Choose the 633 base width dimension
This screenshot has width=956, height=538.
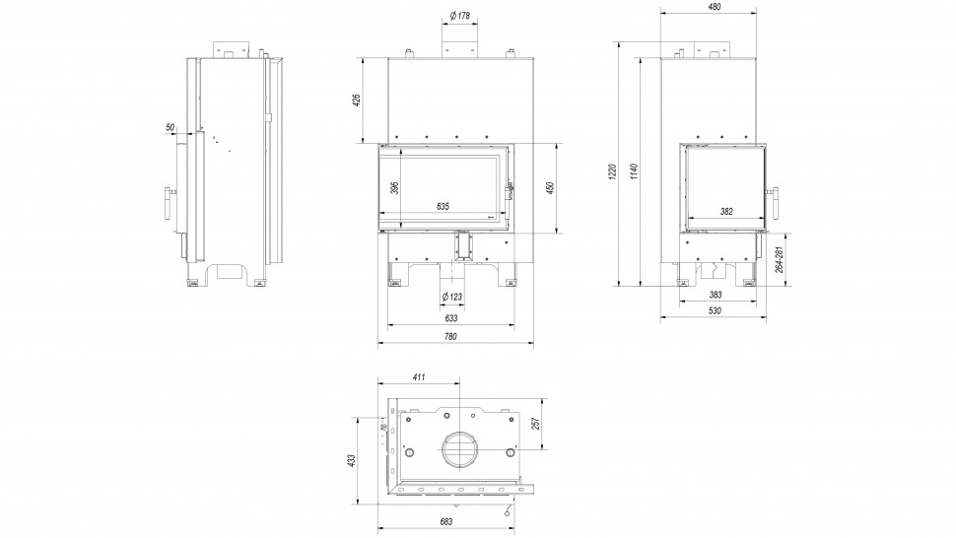click(450, 318)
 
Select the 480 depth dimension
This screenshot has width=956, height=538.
click(715, 7)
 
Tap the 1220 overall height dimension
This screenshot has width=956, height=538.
click(612, 171)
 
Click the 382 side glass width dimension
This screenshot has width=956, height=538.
click(727, 211)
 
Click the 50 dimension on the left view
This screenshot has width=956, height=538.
click(171, 128)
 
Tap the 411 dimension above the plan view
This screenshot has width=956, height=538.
click(419, 377)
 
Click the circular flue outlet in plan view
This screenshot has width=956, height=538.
click(458, 450)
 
